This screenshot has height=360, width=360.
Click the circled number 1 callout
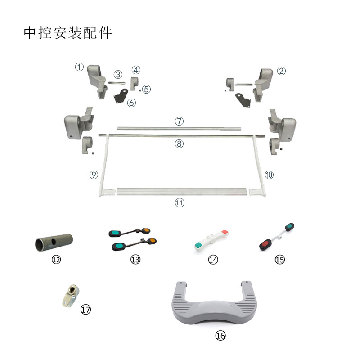79,67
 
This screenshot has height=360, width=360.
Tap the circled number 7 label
179,121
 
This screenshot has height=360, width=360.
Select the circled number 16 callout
220,336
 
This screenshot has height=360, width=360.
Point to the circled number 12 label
56,260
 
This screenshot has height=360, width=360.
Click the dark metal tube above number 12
54,243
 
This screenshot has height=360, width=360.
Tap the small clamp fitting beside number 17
71,296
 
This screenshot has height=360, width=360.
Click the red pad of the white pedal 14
225,232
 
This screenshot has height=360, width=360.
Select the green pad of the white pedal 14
198,245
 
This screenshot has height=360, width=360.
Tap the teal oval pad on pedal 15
290,227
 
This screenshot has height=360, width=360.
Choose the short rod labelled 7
179,129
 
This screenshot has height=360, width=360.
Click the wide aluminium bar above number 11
182,192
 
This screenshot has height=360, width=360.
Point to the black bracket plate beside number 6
121,96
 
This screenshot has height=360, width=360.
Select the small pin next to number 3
117,83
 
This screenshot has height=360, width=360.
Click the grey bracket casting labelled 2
263,85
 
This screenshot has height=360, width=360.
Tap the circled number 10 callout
269,175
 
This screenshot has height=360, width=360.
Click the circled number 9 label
94,175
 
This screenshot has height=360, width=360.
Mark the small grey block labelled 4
135,84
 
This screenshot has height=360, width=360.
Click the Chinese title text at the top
68,33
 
